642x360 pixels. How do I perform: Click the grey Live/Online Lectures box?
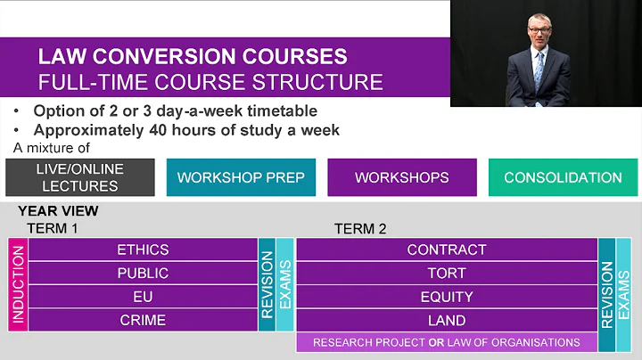[x=79, y=177]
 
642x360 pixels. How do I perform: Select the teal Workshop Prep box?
[x=241, y=177]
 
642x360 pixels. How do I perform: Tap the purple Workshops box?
[x=401, y=177]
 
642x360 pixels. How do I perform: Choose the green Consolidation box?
[x=563, y=177]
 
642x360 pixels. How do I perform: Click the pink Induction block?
[x=18, y=285]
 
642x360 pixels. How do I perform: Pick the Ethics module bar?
[x=143, y=250]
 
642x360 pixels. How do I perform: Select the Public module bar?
[x=143, y=274]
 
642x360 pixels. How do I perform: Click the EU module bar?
[x=143, y=297]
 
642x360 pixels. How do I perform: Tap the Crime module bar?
[x=143, y=320]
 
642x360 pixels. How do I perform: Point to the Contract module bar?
[x=446, y=250]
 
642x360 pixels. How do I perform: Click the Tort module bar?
[x=446, y=274]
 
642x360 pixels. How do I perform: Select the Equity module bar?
[x=446, y=297]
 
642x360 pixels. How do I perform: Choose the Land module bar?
[x=446, y=320]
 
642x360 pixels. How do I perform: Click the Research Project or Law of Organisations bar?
[x=446, y=342]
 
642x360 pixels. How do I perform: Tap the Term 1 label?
[x=53, y=228]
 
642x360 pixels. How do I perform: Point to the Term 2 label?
[x=360, y=229]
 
